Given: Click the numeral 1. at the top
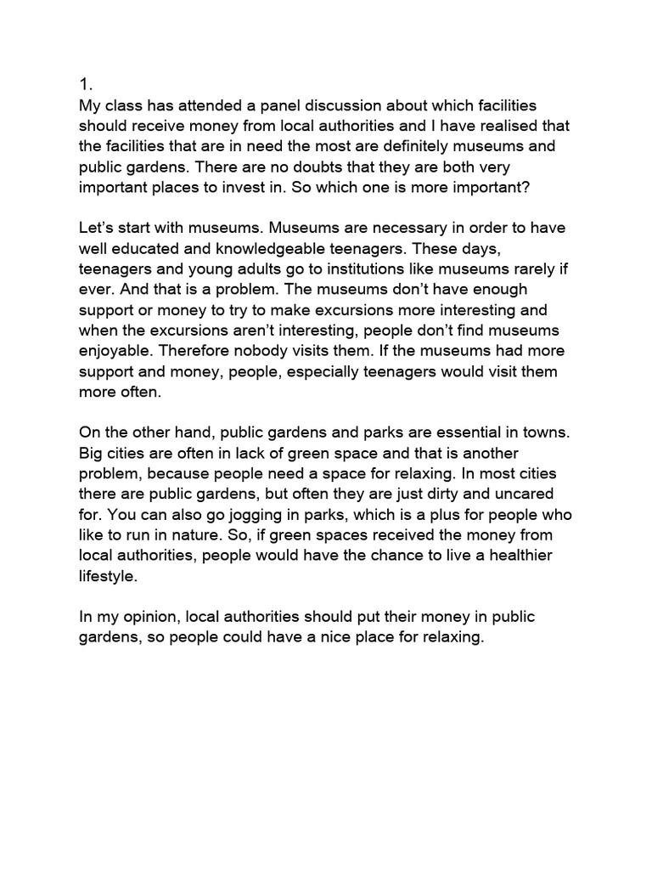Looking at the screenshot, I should [x=85, y=84].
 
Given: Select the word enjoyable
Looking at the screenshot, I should [x=116, y=350].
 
